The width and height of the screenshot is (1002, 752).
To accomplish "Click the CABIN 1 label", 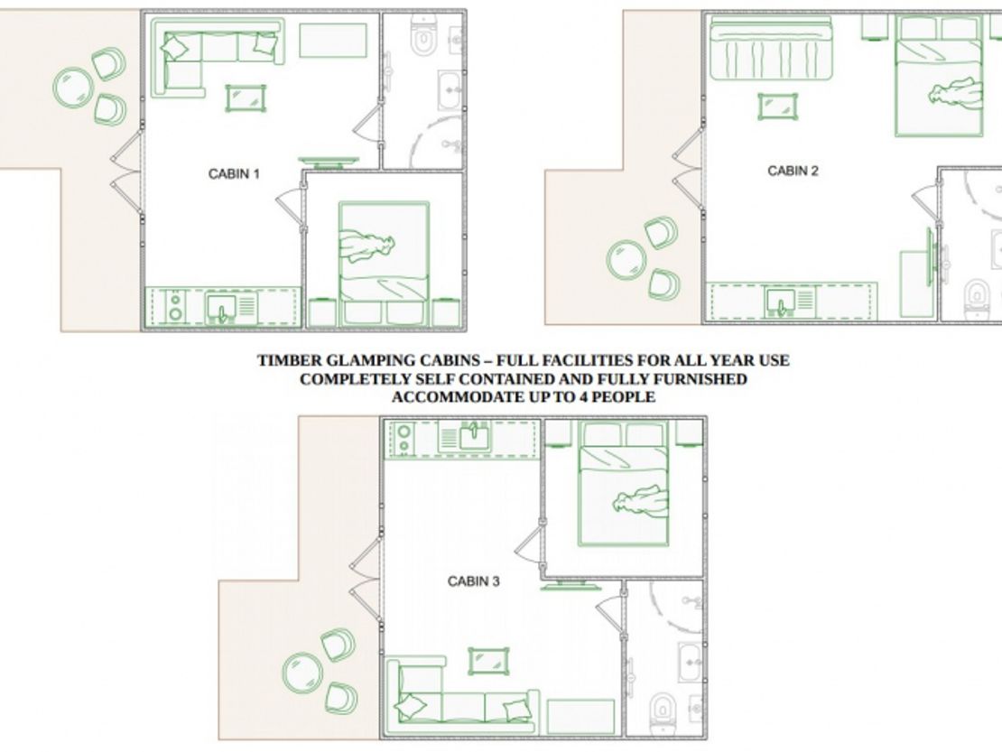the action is tap(234, 174).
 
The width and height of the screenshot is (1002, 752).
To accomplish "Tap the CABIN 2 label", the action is tap(793, 171).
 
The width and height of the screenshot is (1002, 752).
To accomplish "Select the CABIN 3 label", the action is tap(474, 581).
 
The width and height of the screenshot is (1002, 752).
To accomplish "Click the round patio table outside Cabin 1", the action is tap(73, 88).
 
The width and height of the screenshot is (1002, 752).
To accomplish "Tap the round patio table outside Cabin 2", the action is tap(626, 260).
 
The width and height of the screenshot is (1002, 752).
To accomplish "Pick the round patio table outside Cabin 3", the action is tap(302, 673).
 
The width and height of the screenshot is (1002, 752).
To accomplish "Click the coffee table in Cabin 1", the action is tap(246, 98).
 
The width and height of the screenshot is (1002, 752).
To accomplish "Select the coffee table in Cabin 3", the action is tap(489, 662).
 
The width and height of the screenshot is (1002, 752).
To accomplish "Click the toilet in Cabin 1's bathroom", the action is tap(422, 36).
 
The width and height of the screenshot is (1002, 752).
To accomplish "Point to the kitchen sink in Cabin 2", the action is tap(781, 302).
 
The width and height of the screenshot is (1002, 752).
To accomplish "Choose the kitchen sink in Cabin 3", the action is tap(474, 437).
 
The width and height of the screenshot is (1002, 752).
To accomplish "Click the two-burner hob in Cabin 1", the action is tap(175, 307).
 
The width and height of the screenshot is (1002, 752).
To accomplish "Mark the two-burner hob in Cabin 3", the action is tap(404, 439).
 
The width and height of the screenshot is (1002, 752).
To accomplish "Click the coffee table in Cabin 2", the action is tap(778, 107).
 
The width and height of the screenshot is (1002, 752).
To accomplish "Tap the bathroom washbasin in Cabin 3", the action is tap(690, 662).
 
